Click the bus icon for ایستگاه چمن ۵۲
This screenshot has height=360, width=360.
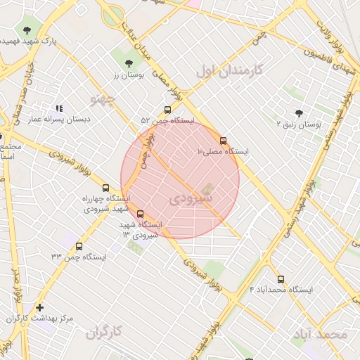click(167, 110)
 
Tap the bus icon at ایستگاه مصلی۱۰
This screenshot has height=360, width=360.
click(224, 141)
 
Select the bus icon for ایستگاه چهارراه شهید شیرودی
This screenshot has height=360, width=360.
click(106, 188)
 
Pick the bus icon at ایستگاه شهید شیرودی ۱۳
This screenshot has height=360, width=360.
click(141, 214)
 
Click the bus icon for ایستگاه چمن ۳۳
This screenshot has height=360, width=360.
click(79, 247)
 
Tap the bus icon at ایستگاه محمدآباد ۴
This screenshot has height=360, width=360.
click(281, 279)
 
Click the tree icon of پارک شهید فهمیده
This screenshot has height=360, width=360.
click(27, 30)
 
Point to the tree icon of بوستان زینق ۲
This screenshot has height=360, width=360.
click(299, 112)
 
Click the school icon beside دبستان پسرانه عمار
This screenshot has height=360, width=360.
click(59, 109)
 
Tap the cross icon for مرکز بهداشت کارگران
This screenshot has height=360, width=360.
click(39, 307)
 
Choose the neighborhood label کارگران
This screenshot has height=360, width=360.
click(104, 332)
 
